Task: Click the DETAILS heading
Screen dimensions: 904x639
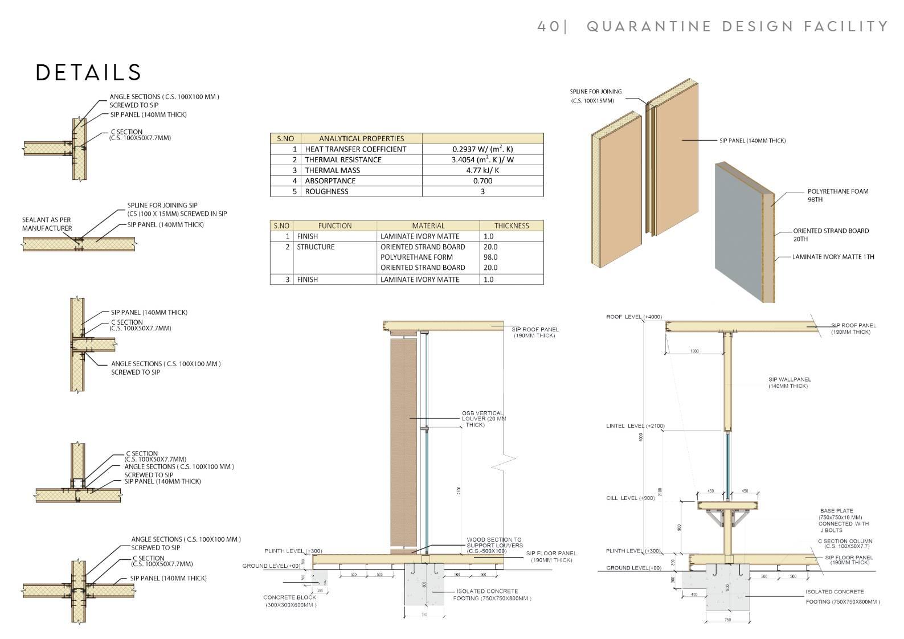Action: click(x=88, y=72)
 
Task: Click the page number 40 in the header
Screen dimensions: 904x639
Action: click(x=549, y=26)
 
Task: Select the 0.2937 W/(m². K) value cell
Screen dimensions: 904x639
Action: click(x=482, y=149)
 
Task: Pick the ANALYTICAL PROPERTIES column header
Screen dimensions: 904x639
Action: click(x=361, y=138)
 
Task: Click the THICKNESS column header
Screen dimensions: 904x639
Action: click(x=511, y=226)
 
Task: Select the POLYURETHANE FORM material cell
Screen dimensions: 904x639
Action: click(x=416, y=257)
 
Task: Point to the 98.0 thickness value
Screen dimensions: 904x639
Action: click(x=490, y=257)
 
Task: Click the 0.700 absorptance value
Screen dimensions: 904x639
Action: click(x=482, y=181)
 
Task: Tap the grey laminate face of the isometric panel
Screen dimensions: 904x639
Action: click(x=741, y=234)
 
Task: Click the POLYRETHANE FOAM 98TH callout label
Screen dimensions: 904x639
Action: click(x=837, y=195)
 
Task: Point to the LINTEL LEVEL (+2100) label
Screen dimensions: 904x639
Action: click(x=635, y=426)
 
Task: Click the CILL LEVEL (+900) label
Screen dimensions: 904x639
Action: click(x=630, y=498)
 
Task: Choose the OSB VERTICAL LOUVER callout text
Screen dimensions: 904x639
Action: click(x=483, y=419)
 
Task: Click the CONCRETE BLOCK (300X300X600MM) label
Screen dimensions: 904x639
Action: click(x=291, y=601)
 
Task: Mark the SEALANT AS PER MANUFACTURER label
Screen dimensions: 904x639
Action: click(x=47, y=224)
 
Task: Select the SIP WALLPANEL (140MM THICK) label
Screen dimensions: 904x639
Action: click(x=789, y=383)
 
